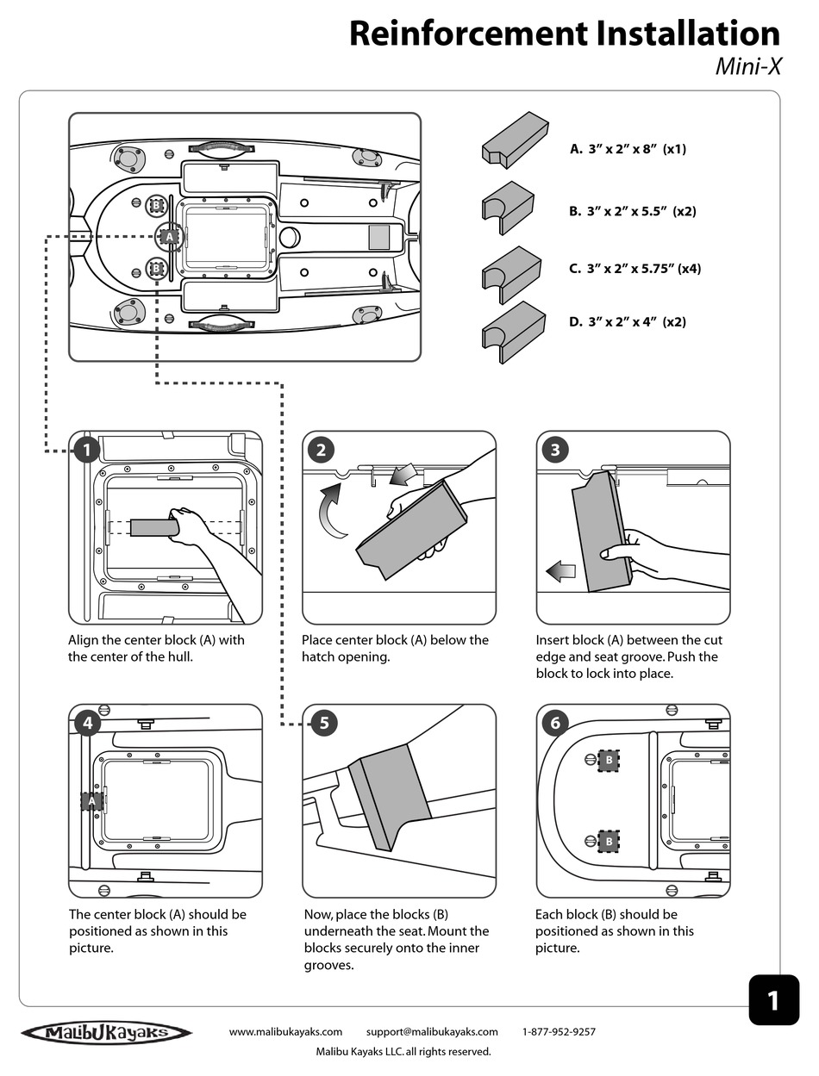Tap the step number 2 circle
click(x=321, y=450)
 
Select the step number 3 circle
click(x=554, y=450)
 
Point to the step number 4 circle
click(x=87, y=723)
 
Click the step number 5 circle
click(x=322, y=723)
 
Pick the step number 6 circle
click(x=554, y=723)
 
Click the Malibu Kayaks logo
click(x=107, y=1033)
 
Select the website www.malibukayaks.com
click(x=285, y=1031)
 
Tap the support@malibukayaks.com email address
click(x=431, y=1031)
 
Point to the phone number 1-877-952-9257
click(x=559, y=1031)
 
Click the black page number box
click(x=773, y=999)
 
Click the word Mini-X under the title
click(x=747, y=66)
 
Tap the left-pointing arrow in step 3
click(x=560, y=569)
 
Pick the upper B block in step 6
click(x=609, y=760)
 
